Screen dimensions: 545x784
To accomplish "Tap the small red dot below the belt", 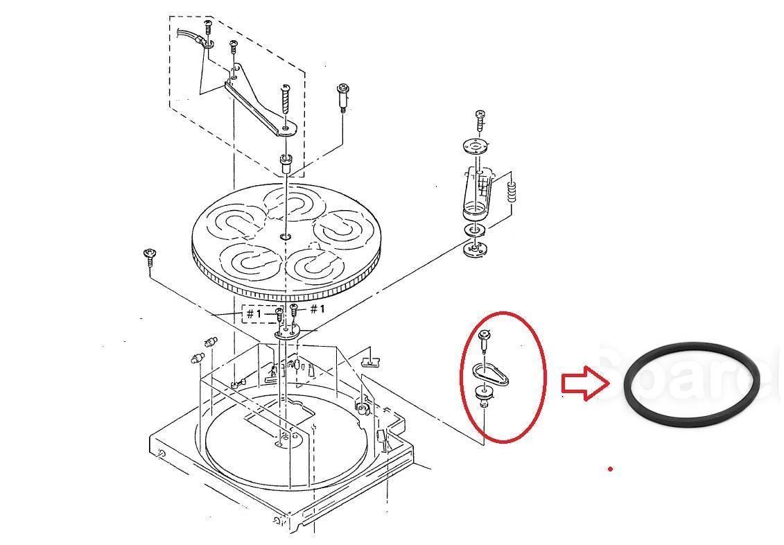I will tap(610, 469).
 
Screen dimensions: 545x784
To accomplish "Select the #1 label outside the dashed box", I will tap(317, 309).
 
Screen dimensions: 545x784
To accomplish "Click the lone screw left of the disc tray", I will tap(149, 256).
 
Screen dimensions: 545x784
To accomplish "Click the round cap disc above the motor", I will tap(476, 146).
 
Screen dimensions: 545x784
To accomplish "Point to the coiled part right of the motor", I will tap(512, 191).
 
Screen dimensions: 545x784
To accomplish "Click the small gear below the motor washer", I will tap(476, 248).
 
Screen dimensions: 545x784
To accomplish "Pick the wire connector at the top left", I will tap(206, 42).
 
